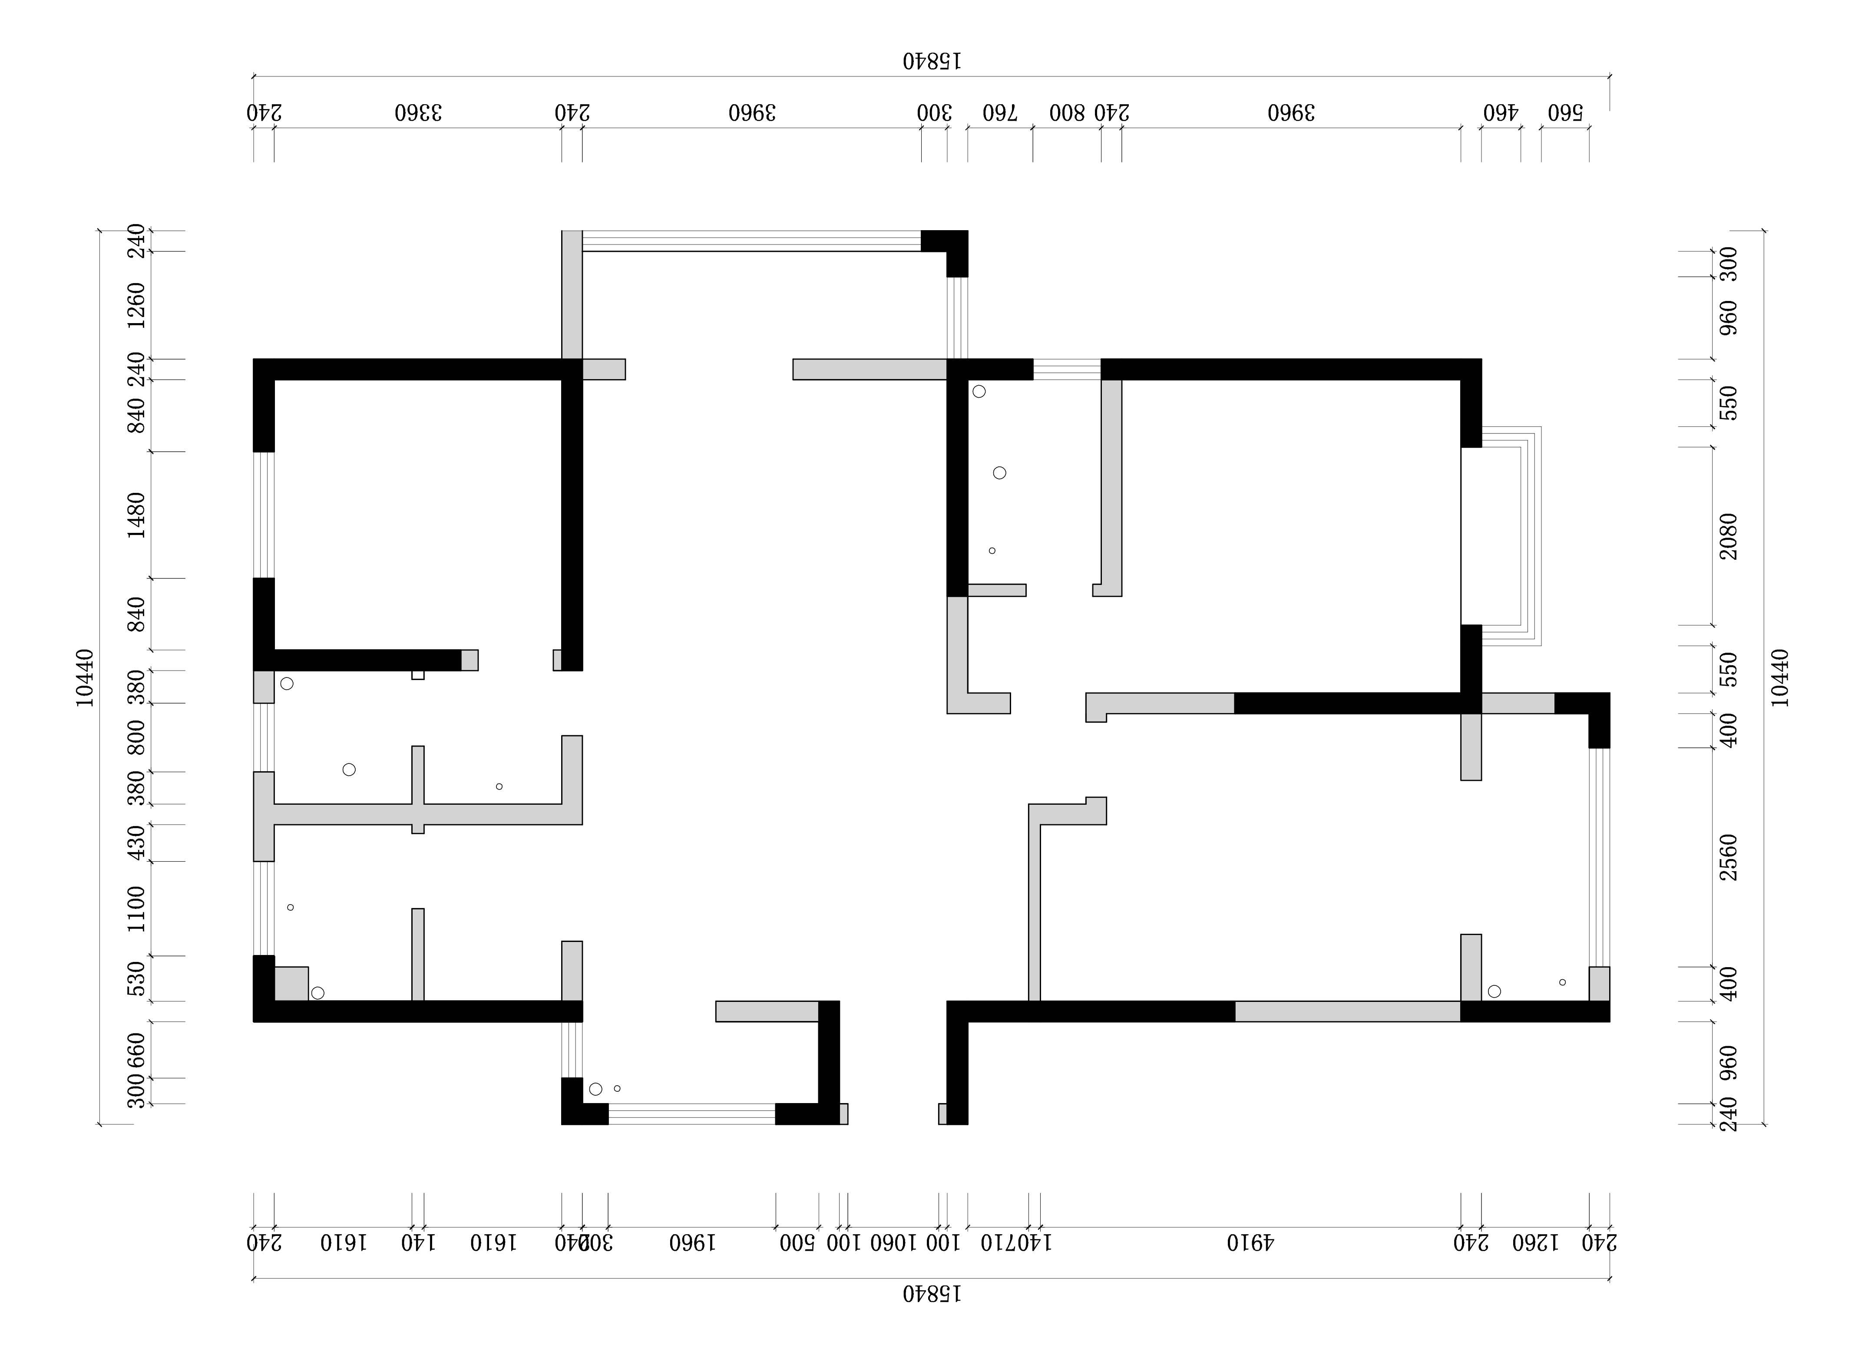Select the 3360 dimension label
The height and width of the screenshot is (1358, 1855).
click(417, 112)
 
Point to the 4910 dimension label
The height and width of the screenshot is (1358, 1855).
click(1250, 1242)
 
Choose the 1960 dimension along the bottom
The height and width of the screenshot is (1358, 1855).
click(692, 1242)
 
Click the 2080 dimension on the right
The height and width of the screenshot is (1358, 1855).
click(1729, 536)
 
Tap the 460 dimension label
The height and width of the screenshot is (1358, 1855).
click(1501, 112)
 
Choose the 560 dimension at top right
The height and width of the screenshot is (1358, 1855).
click(1565, 112)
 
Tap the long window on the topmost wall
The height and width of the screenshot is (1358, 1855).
click(751, 241)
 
